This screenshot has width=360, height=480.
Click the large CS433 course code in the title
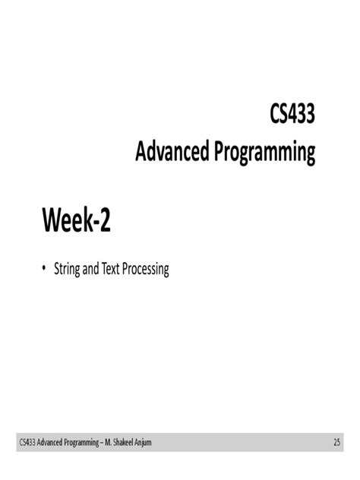click(292, 116)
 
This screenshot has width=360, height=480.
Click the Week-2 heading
click(76, 220)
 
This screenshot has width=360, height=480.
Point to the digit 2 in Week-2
click(104, 220)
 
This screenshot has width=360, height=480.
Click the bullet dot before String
click(44, 269)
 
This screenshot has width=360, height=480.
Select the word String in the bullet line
click(66, 269)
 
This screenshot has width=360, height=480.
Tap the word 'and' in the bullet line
click(90, 269)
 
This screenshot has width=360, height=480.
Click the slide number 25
click(336, 442)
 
